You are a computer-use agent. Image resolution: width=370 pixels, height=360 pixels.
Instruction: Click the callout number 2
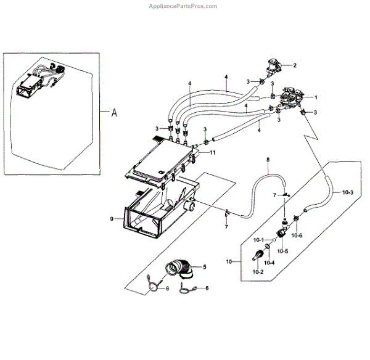point(295,65)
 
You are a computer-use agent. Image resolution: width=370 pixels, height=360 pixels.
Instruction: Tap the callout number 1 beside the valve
point(315,97)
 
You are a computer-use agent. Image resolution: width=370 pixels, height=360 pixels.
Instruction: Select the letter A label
point(113,113)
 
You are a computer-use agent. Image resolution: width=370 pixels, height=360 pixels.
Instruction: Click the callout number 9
point(112,218)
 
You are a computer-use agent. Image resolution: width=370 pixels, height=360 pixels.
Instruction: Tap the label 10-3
point(347,193)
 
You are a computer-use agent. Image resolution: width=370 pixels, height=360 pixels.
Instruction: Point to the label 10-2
point(257,272)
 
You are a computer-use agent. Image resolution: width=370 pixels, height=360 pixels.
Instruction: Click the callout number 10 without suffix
point(229,261)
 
